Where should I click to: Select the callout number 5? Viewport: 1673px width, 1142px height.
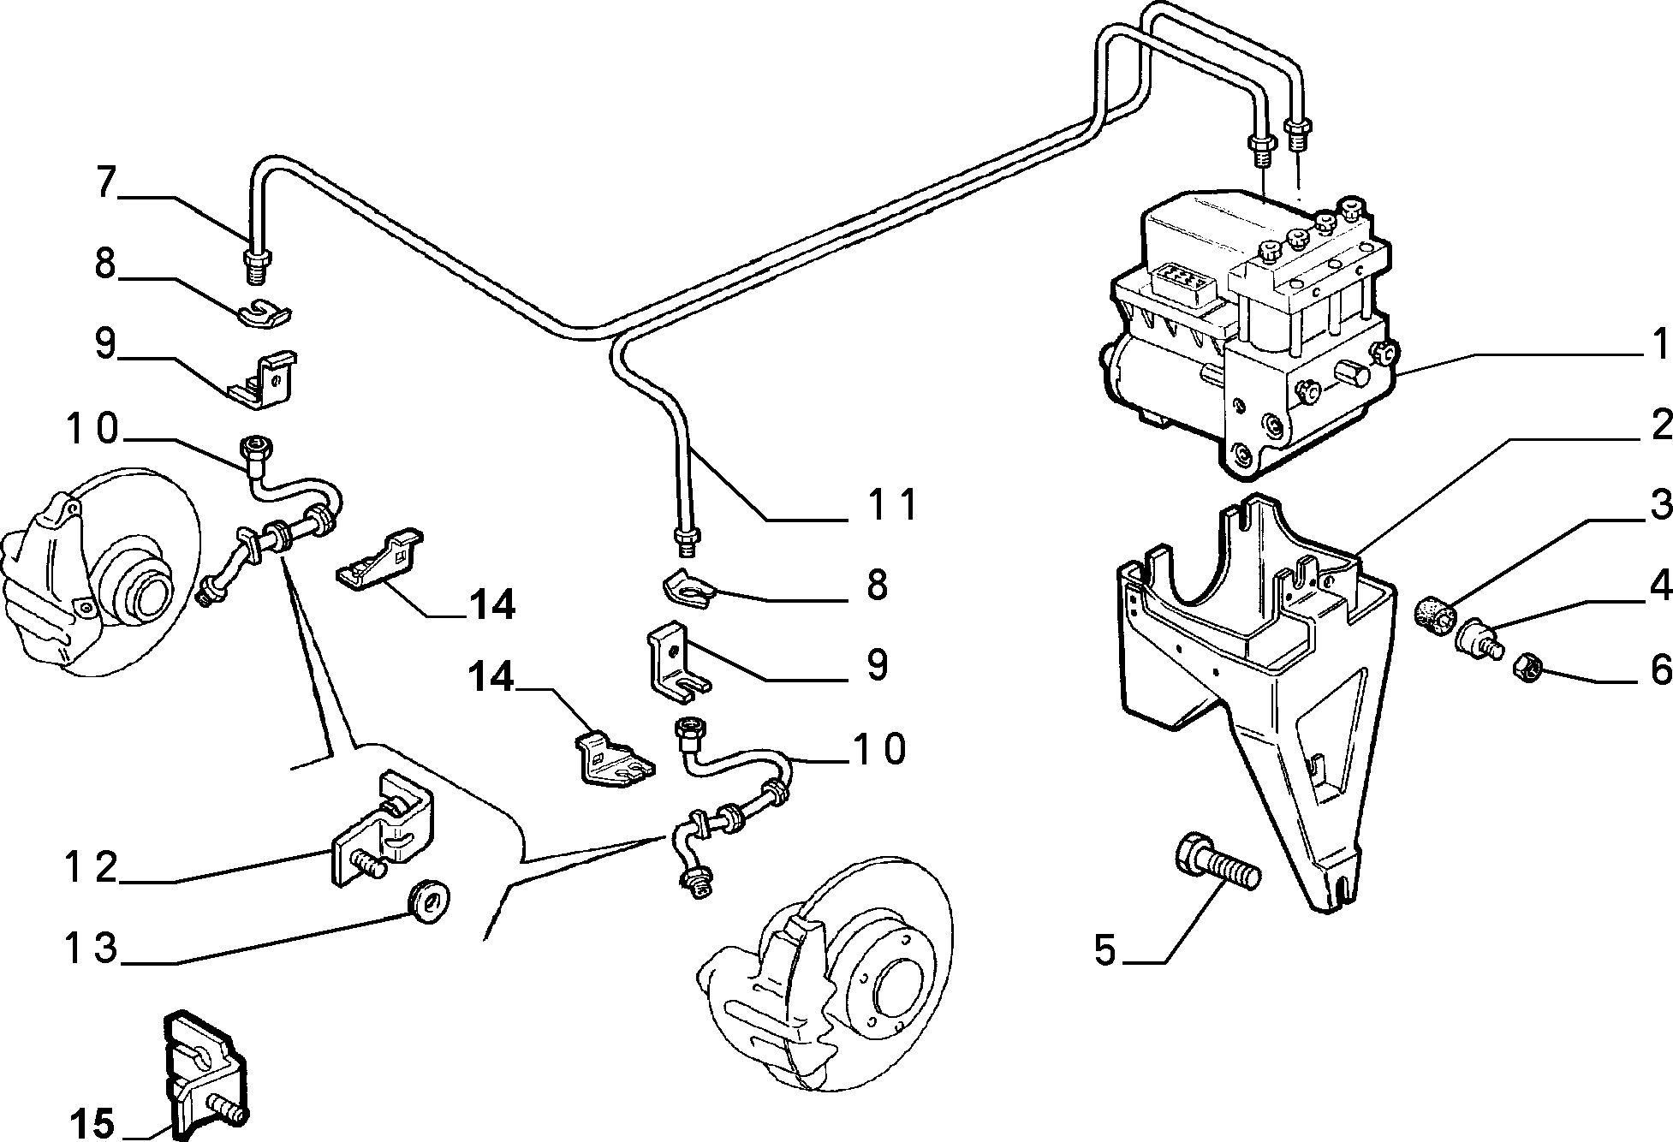tap(1105, 950)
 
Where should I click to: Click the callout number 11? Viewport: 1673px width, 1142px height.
tap(891, 504)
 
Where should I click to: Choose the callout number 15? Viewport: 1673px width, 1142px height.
tap(92, 1123)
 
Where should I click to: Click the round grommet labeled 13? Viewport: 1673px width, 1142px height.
tap(432, 900)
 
